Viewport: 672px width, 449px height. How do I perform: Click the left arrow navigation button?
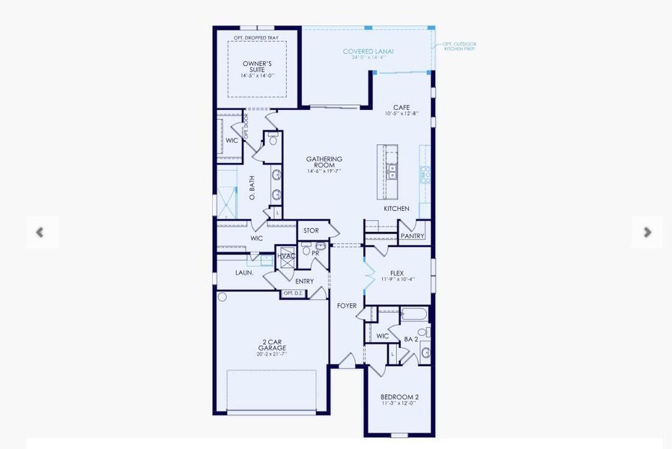point(40,233)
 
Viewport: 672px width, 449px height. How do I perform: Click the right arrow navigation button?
point(647,233)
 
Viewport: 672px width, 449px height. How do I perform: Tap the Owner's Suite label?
point(258,67)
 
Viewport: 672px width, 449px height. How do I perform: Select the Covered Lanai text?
point(369,52)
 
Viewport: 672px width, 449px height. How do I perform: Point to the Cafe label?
point(402,108)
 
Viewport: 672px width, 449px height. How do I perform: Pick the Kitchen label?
point(397,208)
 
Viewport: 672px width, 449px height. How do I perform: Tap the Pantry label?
point(412,236)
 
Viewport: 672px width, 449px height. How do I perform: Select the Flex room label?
point(397,274)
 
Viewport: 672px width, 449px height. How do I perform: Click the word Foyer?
point(347,305)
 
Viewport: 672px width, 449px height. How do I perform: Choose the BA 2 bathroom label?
point(411,339)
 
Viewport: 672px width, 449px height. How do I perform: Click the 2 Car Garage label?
point(272,345)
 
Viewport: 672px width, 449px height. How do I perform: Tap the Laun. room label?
point(244,272)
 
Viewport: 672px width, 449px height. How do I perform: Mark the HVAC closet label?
point(285,256)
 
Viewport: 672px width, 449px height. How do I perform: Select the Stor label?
point(311,230)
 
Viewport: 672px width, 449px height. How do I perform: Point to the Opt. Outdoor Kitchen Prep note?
point(458,47)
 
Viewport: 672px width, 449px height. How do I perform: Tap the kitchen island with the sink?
point(391,171)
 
